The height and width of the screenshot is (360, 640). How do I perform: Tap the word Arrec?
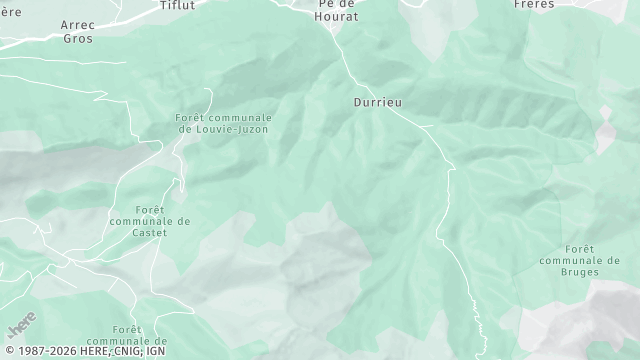click(x=77, y=24)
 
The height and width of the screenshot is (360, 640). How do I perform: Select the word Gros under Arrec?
click(x=77, y=38)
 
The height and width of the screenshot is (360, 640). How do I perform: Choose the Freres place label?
click(x=534, y=4)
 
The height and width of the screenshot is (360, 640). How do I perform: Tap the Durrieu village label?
click(x=378, y=102)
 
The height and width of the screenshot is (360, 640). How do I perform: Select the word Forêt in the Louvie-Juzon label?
click(x=190, y=118)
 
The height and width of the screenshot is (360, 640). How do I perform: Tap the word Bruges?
click(x=580, y=271)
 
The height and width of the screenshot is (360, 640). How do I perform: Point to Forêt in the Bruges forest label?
click(x=580, y=248)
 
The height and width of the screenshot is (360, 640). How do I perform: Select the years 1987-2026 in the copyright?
click(x=42, y=351)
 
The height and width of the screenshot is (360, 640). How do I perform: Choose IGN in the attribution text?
click(x=155, y=351)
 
